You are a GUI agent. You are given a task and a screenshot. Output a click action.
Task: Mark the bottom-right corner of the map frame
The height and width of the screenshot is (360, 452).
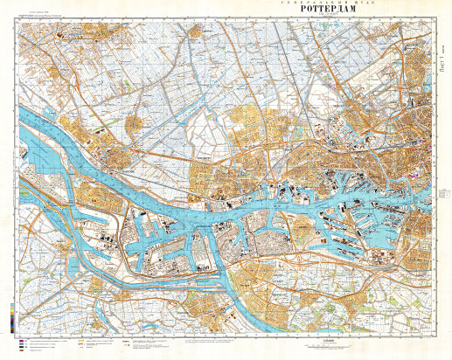coord(434,334)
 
